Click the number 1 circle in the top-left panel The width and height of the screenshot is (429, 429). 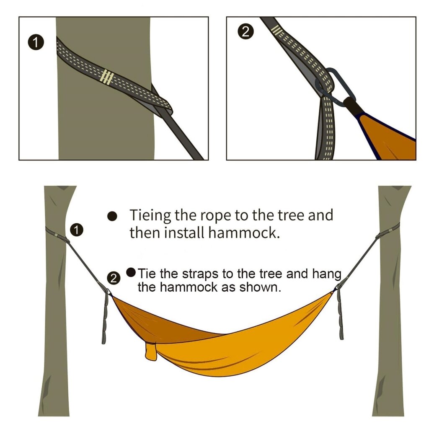tap(36, 42)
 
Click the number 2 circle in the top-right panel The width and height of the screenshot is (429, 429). tap(246, 31)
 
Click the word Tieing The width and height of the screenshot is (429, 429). tap(150, 215)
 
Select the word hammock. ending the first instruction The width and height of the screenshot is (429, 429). tap(244, 233)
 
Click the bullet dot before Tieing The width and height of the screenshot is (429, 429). tap(112, 216)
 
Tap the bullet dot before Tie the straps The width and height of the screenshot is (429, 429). tap(131, 272)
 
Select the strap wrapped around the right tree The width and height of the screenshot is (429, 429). tap(388, 230)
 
